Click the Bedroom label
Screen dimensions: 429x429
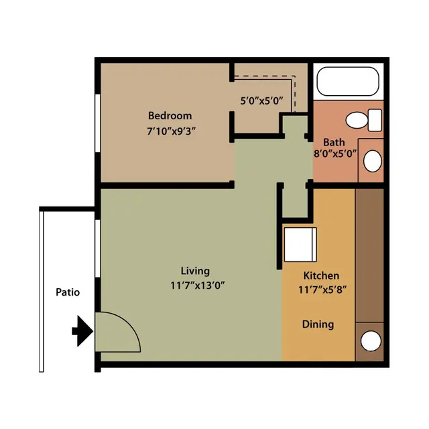[x=170, y=116]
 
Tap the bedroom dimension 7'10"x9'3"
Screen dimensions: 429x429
[x=172, y=131]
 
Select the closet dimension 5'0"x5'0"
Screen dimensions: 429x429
[x=261, y=101]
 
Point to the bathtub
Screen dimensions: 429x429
[x=348, y=81]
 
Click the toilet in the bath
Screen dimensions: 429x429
[x=364, y=120]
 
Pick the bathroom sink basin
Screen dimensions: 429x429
[x=373, y=161]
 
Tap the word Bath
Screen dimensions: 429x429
[x=334, y=142]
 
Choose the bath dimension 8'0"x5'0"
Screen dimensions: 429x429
[x=335, y=154]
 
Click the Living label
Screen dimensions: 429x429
[x=195, y=271]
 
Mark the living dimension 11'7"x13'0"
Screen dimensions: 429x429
[x=197, y=286]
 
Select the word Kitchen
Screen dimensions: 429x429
[x=321, y=275]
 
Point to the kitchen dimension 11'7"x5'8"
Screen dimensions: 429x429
[x=322, y=290]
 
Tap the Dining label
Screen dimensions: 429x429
[x=318, y=324]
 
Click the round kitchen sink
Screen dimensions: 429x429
[x=371, y=341]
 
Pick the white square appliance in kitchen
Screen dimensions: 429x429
[x=300, y=245]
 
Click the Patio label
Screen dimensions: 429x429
[x=68, y=292]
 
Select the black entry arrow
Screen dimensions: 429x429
[x=82, y=331]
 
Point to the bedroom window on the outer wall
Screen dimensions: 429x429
[x=97, y=123]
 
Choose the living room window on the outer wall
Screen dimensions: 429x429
[x=97, y=248]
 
